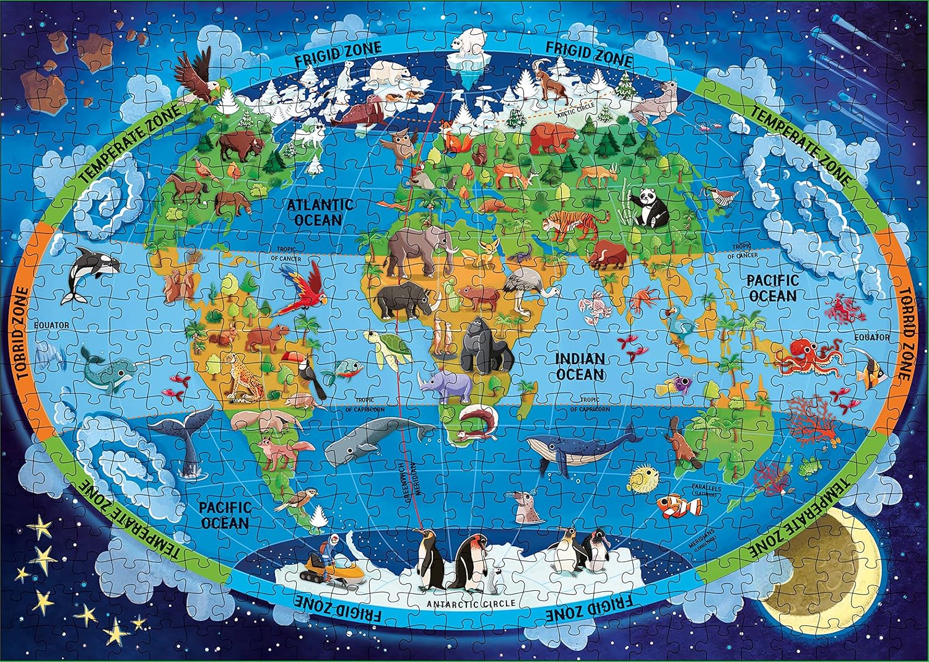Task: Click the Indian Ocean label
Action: [x=579, y=367]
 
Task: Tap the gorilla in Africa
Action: [x=486, y=346]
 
